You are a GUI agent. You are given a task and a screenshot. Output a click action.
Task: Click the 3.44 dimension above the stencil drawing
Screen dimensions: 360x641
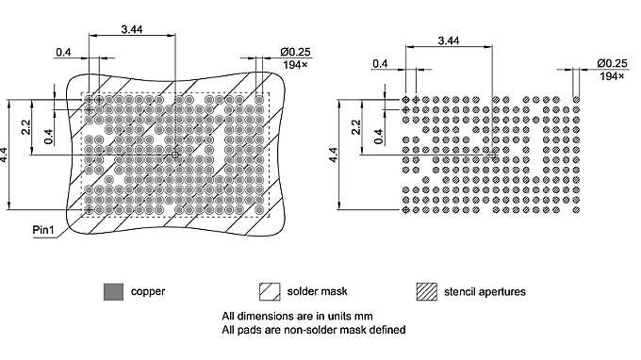tap(449, 41)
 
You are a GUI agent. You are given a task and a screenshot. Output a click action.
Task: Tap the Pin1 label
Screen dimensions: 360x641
tap(42, 230)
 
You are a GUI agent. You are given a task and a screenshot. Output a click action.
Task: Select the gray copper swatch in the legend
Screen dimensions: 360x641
tap(113, 291)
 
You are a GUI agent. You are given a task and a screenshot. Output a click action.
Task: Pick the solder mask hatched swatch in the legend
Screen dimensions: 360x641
tap(270, 291)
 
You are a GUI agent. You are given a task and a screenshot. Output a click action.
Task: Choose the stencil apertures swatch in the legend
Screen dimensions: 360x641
tap(427, 291)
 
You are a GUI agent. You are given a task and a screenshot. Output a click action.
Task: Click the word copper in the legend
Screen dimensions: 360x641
tap(148, 291)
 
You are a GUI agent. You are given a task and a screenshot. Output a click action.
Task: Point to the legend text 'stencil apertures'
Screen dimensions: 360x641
tap(485, 291)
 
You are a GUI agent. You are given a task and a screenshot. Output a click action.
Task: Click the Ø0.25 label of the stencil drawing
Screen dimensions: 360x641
tap(611, 62)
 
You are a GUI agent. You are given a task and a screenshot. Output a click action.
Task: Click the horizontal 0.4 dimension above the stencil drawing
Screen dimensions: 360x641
tap(381, 63)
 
